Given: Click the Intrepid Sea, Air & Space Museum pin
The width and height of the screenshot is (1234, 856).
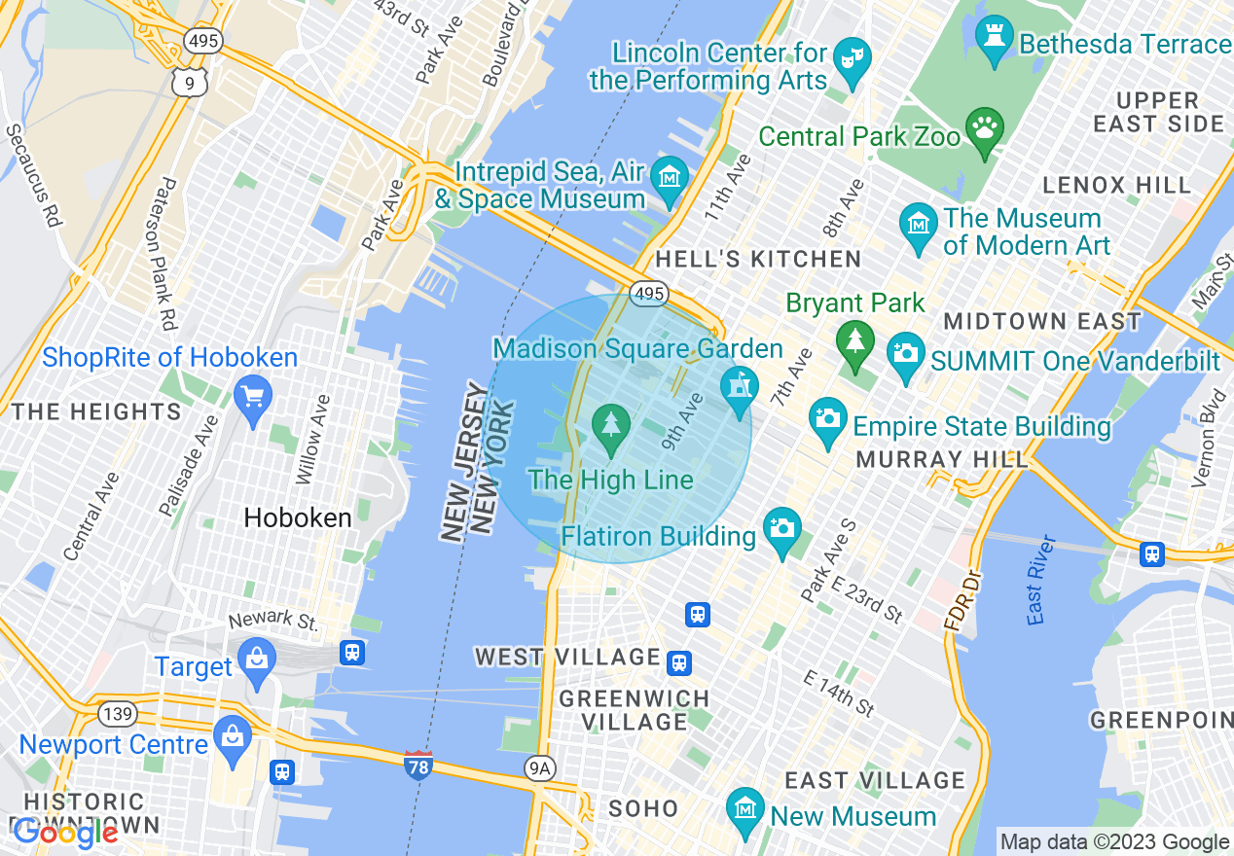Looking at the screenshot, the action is click(670, 179).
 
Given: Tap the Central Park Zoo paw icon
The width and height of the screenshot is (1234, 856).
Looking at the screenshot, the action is click(984, 129).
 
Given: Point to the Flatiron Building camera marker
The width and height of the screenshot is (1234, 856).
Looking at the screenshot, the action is click(781, 529).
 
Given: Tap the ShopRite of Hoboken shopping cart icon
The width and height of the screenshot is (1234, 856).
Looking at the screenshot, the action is click(253, 397).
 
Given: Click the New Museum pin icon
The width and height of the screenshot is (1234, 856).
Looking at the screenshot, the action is click(744, 809).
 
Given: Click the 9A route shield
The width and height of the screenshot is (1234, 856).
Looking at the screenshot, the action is click(538, 768).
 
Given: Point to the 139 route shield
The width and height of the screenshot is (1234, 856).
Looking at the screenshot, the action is click(117, 714).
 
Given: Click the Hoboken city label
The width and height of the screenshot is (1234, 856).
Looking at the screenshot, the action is click(298, 517).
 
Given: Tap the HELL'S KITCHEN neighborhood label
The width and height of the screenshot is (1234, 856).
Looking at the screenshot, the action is click(758, 259).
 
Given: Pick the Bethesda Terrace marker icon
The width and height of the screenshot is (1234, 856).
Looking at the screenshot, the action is click(994, 37).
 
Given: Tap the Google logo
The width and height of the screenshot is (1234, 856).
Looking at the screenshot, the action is click(64, 833).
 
